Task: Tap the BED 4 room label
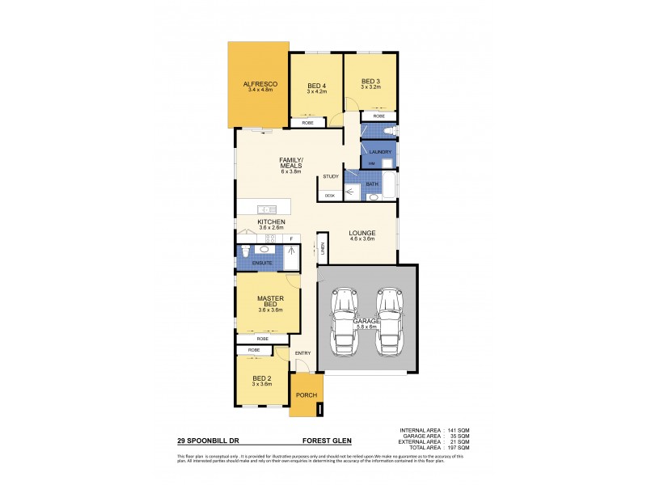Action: tap(316, 86)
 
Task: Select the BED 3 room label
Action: tap(370, 81)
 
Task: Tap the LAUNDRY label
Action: tap(379, 152)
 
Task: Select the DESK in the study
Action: tap(329, 196)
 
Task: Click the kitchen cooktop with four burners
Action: tap(271, 238)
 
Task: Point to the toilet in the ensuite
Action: tap(244, 253)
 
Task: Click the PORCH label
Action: tap(305, 395)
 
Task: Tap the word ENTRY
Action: tap(302, 352)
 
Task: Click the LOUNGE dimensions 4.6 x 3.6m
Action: tap(362, 238)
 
